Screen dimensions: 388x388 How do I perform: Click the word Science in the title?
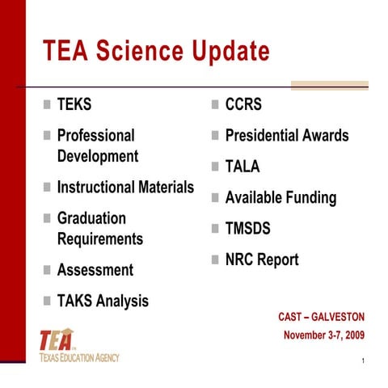pos(139,52)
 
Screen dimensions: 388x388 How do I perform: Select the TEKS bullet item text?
pos(74,106)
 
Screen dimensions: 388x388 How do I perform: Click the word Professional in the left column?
pos(95,135)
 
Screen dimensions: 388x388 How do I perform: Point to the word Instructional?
pos(95,188)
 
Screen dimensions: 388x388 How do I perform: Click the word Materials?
pos(165,188)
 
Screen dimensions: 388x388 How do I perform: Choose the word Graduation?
pos(91,218)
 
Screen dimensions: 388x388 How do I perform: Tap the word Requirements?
pos(99,239)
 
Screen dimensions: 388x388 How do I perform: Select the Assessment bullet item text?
pos(95,270)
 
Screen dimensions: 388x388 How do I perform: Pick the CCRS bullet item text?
pos(243,106)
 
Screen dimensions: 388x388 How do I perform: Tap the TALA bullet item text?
pos(242,167)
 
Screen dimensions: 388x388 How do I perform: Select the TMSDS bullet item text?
pos(247,229)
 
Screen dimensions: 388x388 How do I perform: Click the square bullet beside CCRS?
pos(215,106)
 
